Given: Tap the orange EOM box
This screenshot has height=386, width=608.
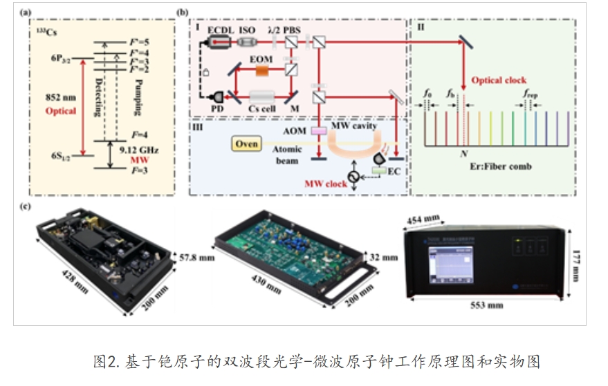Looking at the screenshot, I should tap(262, 70).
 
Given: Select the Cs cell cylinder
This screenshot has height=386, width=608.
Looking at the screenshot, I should tap(261, 98).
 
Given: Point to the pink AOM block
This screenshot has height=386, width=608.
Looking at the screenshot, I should tap(320, 130).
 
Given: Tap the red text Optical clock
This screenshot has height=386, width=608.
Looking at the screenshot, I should tap(498, 80).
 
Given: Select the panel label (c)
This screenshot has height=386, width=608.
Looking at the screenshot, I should tap(25, 208).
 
